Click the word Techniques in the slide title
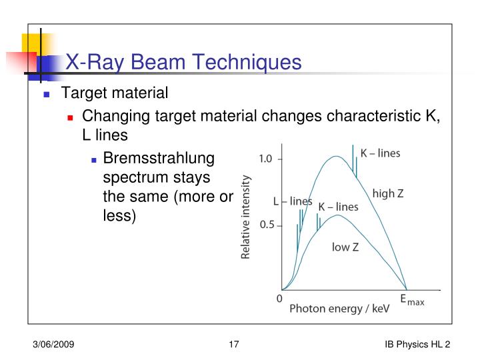coord(249,62)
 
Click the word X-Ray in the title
coord(94,62)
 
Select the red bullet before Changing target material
coord(70,117)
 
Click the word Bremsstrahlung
coord(159,159)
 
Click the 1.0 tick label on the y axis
coord(266,159)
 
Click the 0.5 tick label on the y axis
coord(266,225)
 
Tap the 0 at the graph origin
coord(279,299)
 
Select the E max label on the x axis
coord(411,300)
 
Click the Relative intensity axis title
coord(245,217)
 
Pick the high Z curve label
coord(388,193)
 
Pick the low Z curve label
coord(345,247)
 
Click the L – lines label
coord(293,201)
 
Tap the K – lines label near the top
coord(380,153)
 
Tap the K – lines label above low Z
coord(338,207)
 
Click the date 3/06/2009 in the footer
coord(54,344)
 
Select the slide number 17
coord(233,344)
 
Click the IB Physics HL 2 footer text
coord(417,344)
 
